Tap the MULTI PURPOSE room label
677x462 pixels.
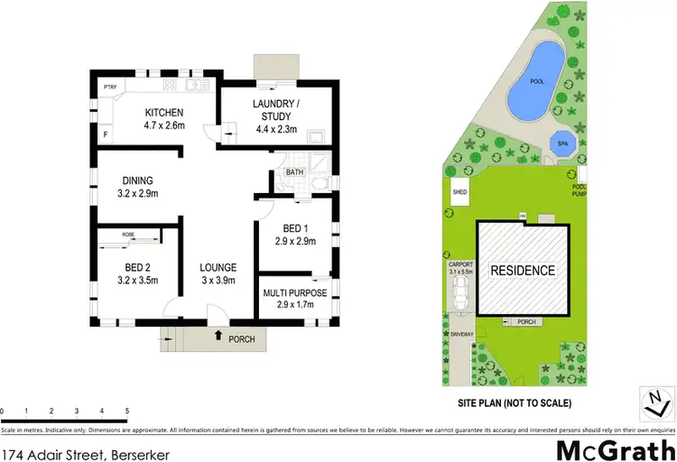point(294,293)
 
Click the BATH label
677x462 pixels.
point(294,171)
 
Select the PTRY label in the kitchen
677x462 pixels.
point(110,87)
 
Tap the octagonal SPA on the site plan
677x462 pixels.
point(561,143)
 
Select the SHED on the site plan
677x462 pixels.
point(459,192)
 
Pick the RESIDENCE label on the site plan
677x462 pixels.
point(523,271)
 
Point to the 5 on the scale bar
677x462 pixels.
point(127,411)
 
